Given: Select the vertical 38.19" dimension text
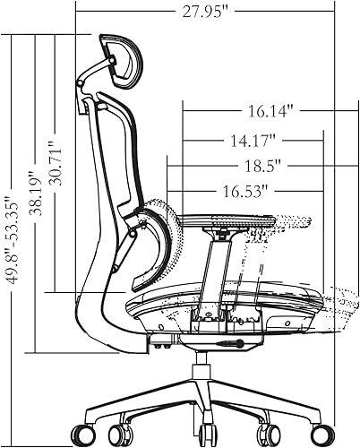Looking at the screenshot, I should coord(37,204).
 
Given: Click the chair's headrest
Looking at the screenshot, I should coord(117,61).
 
